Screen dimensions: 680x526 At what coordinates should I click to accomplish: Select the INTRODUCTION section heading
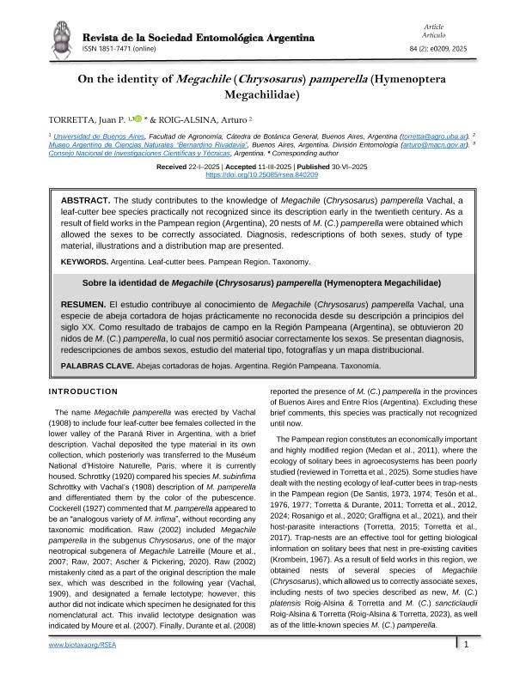83,392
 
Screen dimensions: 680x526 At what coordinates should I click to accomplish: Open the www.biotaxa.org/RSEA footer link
83,667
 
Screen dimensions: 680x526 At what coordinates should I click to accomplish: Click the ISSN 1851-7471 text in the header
117,49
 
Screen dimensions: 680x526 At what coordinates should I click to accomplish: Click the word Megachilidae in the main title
263,96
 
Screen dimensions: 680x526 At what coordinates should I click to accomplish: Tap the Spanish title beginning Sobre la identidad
261,282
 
